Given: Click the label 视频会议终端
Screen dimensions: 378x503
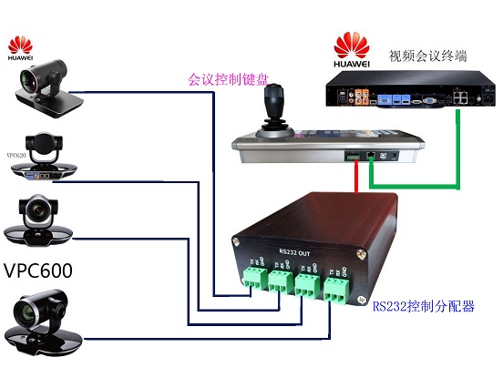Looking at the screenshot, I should (x=428, y=56).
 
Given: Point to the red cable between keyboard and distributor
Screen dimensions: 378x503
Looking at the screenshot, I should (x=354, y=179).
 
